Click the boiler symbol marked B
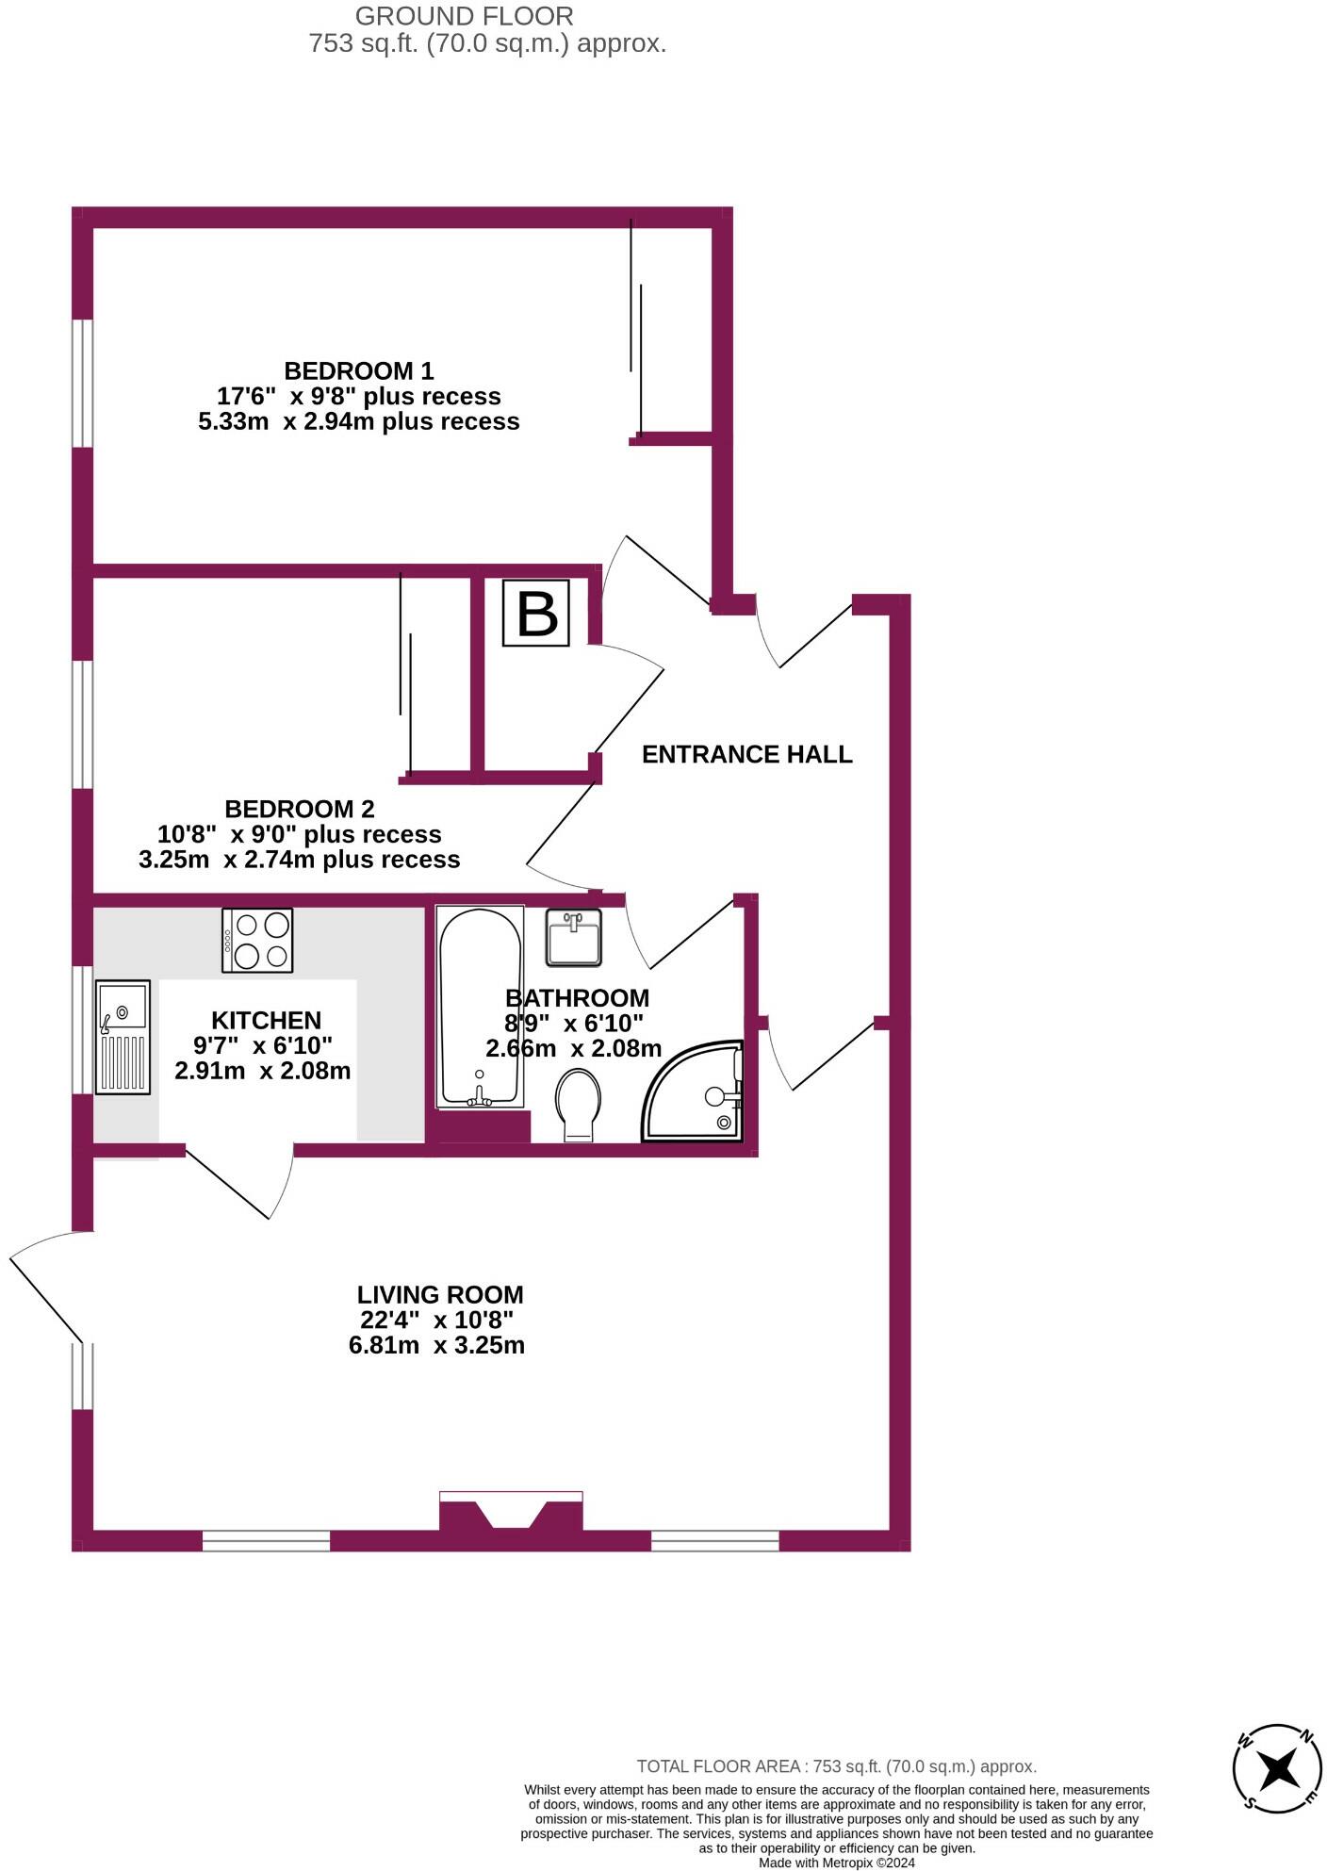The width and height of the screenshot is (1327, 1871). (535, 613)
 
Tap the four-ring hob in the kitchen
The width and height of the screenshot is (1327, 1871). (257, 940)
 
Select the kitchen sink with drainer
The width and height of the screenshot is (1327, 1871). (123, 1037)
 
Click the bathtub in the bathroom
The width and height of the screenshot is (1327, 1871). (481, 1007)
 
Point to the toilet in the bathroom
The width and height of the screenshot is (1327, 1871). (578, 1105)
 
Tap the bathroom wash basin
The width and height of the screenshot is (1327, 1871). (574, 937)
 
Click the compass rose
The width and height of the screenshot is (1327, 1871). (1278, 1769)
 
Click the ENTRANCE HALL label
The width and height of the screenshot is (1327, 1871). (747, 754)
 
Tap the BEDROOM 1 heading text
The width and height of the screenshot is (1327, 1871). (359, 370)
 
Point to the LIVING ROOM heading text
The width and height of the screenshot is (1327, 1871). (440, 1295)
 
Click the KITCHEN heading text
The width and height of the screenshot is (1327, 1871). (267, 1020)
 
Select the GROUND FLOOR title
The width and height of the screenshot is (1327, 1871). (465, 16)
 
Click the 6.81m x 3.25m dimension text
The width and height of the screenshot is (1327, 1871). (436, 1345)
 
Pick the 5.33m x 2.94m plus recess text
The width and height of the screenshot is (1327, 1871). (359, 421)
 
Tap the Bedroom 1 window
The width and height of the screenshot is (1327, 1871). (83, 383)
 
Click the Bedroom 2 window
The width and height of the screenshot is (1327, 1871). (83, 723)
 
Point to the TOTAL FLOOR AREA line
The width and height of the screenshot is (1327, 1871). (837, 1766)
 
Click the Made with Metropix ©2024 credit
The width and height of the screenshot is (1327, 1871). (837, 1863)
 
